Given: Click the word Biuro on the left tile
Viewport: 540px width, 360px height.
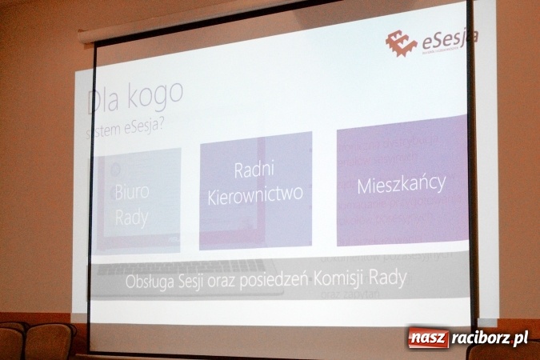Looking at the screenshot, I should point(132,193).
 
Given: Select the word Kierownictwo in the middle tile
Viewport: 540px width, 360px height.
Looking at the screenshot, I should point(254,194).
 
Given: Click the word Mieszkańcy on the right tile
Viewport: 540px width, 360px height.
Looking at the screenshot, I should point(401,184).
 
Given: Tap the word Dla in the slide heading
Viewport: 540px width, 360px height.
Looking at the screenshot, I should point(104,101).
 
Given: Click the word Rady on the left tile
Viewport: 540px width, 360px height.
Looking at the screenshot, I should point(132,217).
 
